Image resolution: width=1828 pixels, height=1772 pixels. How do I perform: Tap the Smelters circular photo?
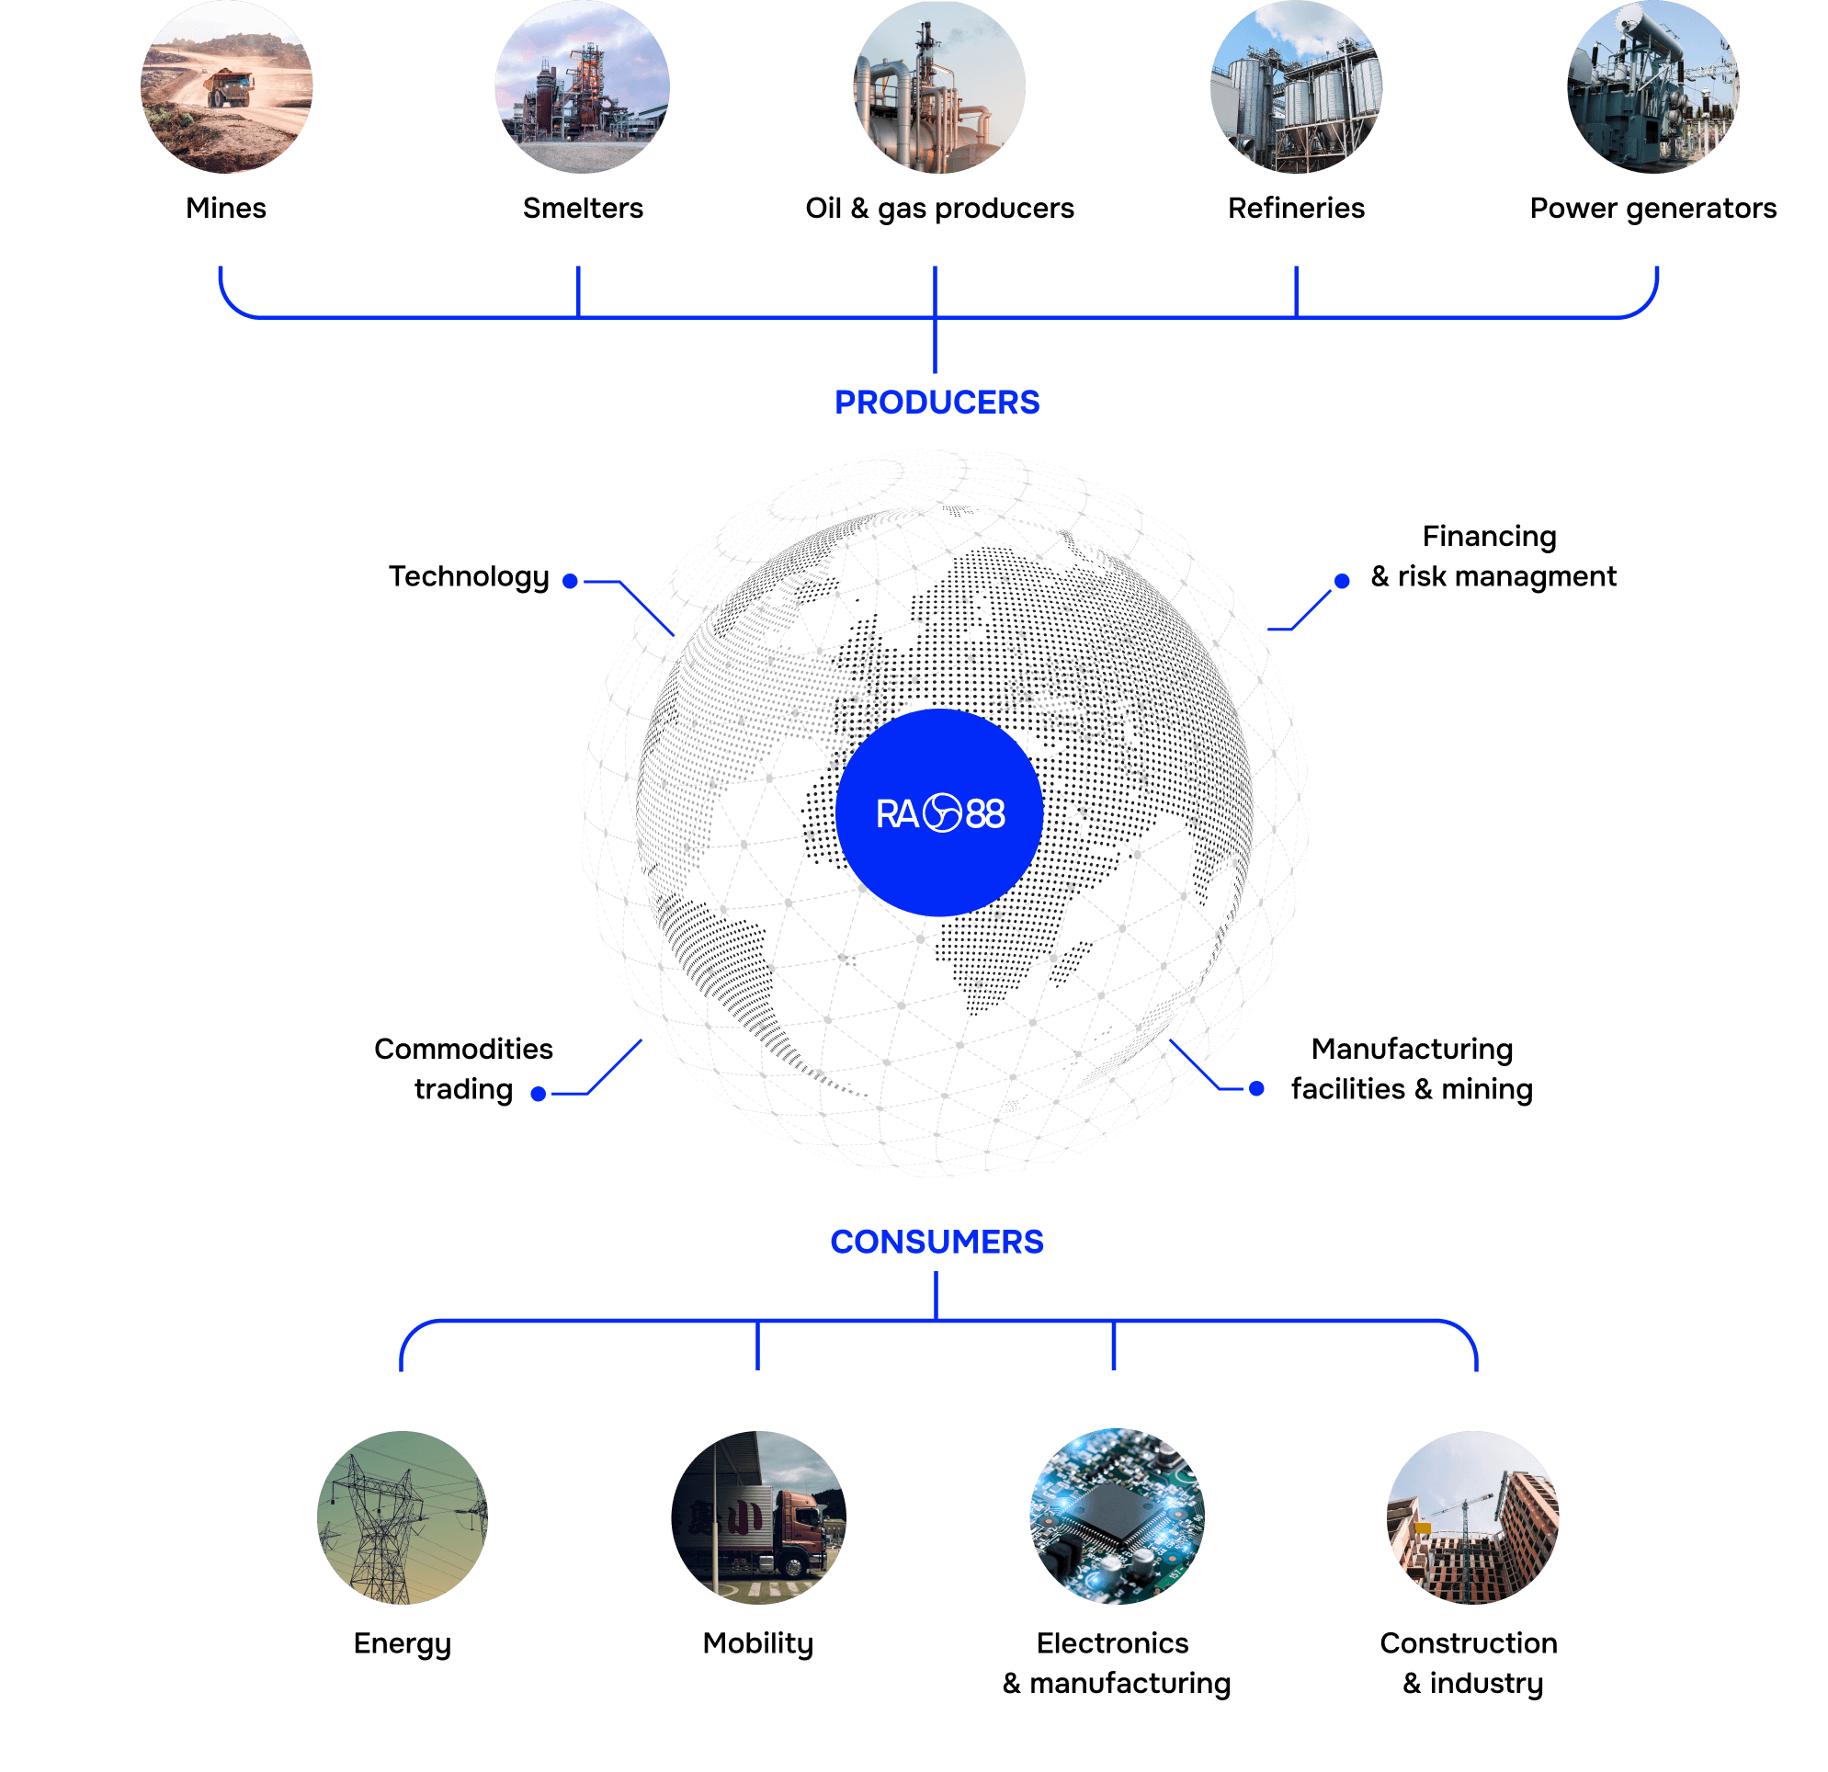point(582,86)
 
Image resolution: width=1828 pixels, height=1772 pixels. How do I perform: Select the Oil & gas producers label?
point(939,208)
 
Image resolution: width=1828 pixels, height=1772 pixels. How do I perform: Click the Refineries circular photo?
point(1297,86)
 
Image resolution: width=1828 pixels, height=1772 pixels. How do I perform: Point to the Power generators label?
point(1653,208)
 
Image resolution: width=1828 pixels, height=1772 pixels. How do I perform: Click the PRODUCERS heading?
point(937,402)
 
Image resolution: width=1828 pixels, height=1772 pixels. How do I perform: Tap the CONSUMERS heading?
point(937,1242)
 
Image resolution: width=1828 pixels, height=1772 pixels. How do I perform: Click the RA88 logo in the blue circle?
point(939,813)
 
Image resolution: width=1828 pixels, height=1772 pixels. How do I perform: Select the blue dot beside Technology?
point(571,581)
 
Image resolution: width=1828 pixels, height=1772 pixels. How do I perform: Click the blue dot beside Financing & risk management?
point(1341,581)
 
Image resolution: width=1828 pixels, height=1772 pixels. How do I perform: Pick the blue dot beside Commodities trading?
point(539,1093)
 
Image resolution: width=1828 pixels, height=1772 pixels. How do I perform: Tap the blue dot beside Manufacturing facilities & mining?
point(1256,1087)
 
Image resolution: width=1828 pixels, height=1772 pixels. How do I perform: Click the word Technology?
point(469,576)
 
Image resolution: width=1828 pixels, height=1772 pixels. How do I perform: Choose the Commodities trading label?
point(463,1069)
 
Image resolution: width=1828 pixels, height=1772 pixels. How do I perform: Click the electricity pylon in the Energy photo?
point(382,1529)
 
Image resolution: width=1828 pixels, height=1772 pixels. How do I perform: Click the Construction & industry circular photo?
point(1472,1516)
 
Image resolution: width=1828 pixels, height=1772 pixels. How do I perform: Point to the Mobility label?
point(757,1643)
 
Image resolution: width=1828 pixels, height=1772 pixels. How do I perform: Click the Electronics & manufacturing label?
point(1116,1663)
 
